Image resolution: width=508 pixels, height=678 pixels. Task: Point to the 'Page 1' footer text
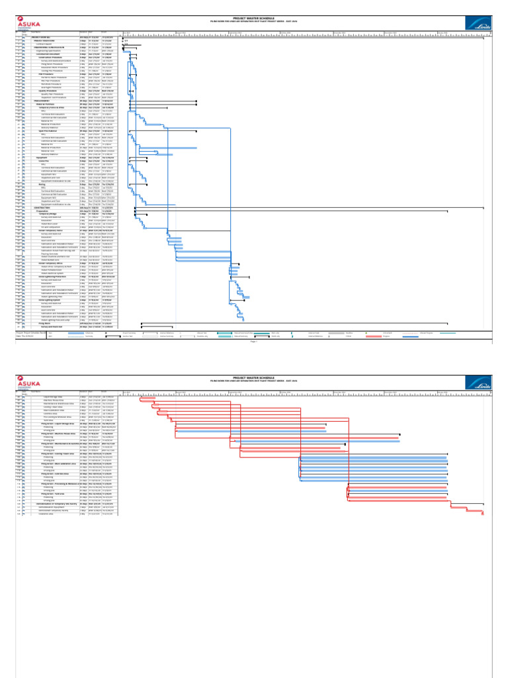[254, 342]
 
